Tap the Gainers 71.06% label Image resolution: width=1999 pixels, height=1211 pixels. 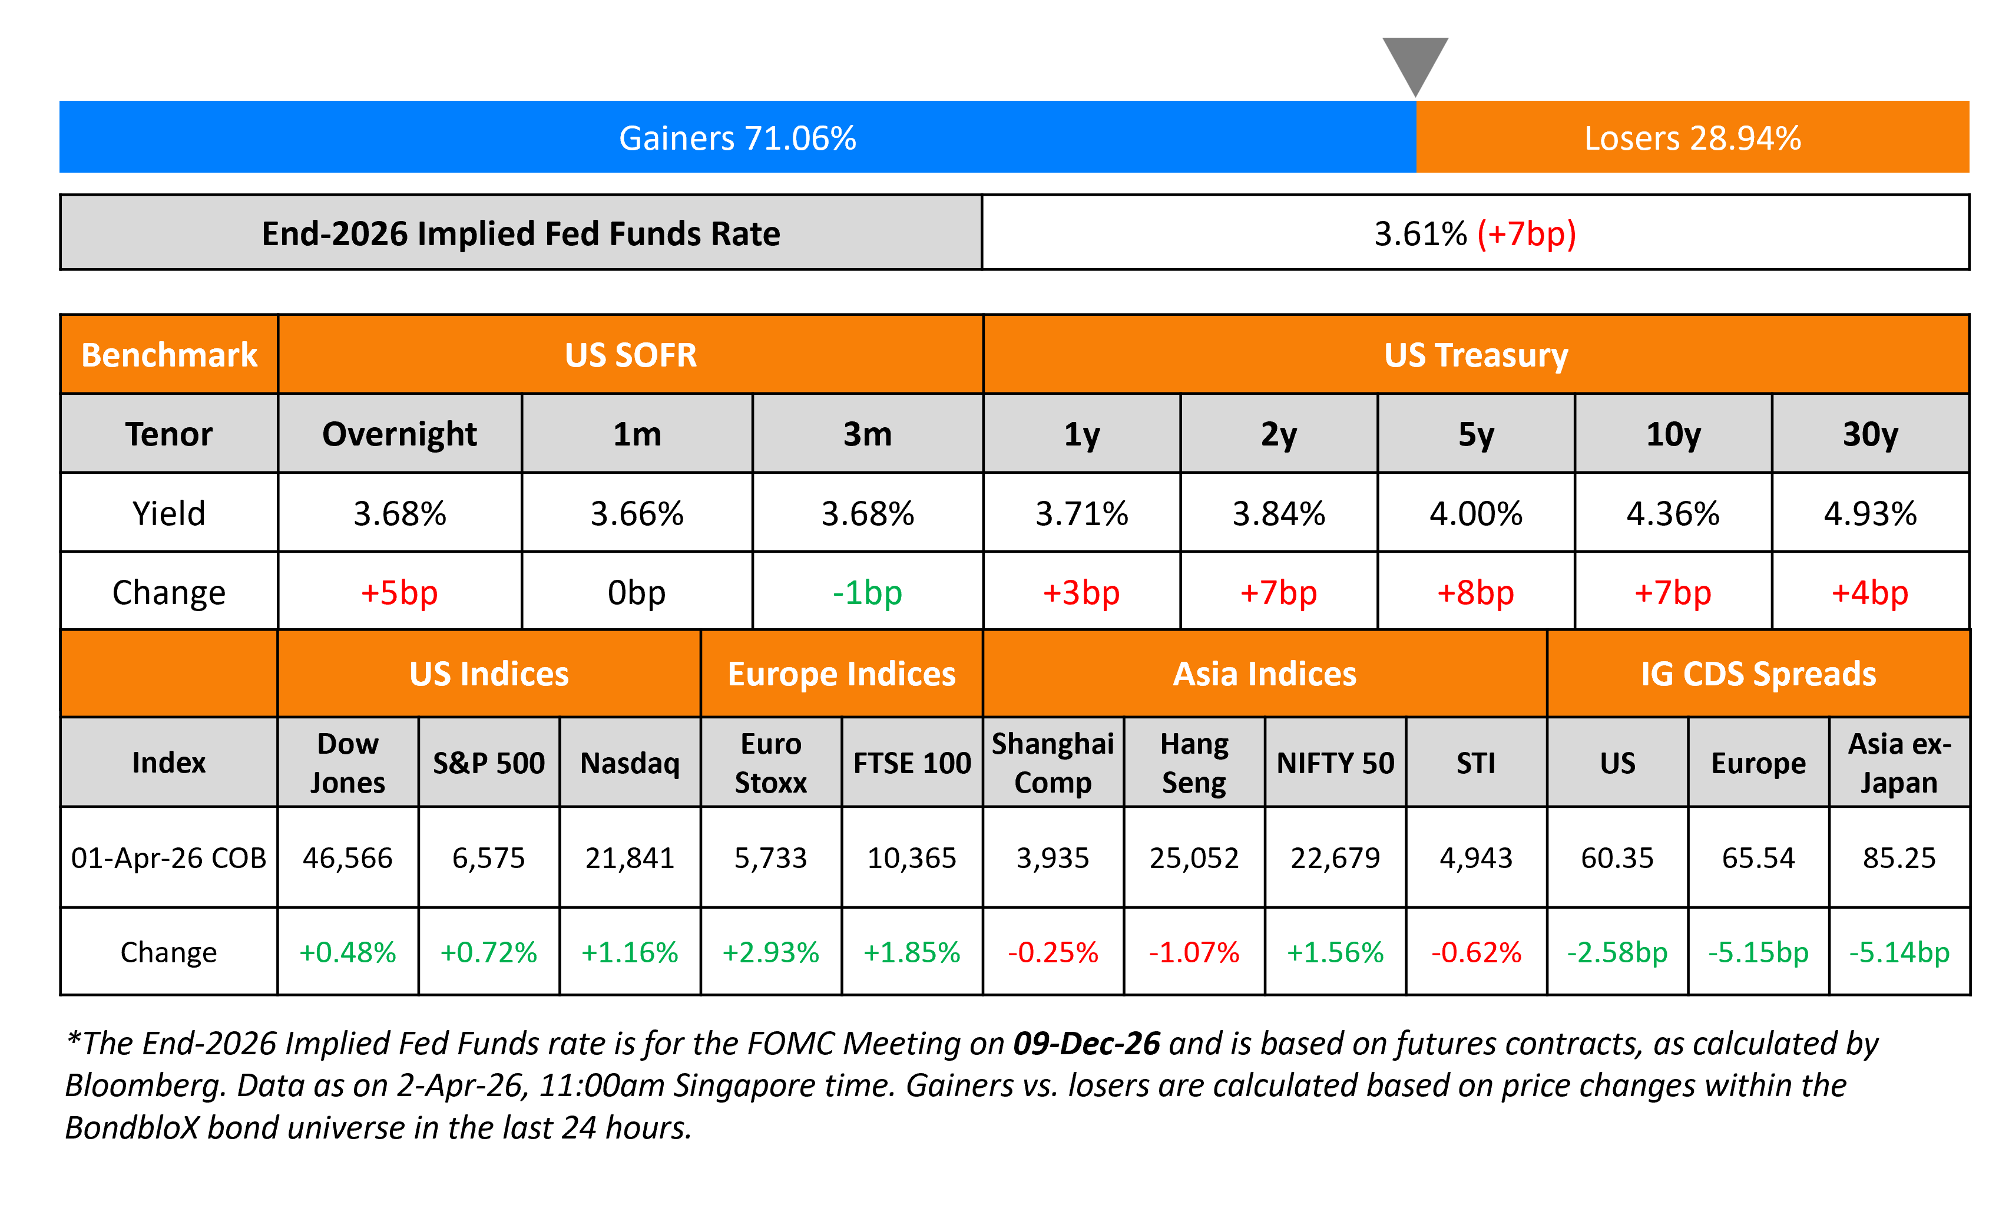click(x=737, y=138)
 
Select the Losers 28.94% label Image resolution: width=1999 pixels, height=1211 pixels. click(x=1692, y=138)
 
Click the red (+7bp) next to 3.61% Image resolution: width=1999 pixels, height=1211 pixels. click(x=1526, y=234)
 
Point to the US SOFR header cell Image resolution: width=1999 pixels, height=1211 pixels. click(x=630, y=355)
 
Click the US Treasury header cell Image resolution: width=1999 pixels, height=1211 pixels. click(x=1476, y=355)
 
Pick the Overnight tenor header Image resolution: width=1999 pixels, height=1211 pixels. click(x=399, y=434)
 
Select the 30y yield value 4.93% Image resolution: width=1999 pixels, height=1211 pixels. click(x=1870, y=513)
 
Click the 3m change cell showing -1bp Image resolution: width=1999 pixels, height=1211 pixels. click(x=867, y=592)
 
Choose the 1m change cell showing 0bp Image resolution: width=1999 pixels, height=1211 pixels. click(x=637, y=592)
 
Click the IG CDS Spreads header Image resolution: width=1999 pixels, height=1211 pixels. click(x=1758, y=674)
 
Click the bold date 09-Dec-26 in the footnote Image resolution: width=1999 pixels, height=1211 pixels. click(x=1086, y=1043)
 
